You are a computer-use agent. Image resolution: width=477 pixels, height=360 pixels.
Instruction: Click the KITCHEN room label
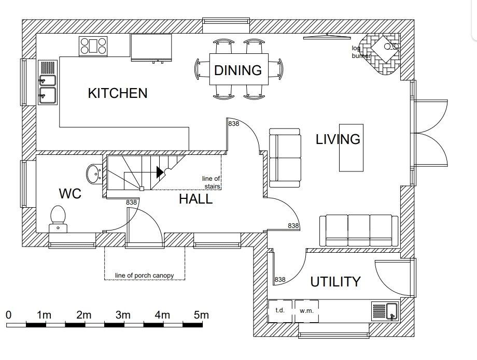[x=117, y=93]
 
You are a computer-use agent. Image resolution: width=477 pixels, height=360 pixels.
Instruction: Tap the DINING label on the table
[x=238, y=70]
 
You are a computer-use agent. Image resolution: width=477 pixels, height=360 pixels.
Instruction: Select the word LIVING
[x=338, y=139]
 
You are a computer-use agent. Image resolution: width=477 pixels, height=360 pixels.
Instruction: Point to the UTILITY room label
[x=335, y=282]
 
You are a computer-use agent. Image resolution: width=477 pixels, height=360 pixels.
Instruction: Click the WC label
[x=70, y=194]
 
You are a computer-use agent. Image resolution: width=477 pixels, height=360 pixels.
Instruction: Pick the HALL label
[x=195, y=199]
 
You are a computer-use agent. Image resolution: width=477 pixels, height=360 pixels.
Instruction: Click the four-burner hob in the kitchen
[x=93, y=46]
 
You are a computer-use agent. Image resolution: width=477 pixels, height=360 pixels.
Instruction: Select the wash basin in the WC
[x=94, y=174]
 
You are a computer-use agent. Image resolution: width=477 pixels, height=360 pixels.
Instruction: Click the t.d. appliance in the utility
[x=280, y=311]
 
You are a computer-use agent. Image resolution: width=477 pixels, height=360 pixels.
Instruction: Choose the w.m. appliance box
[x=306, y=311]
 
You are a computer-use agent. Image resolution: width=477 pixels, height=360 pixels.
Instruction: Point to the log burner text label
[x=361, y=52]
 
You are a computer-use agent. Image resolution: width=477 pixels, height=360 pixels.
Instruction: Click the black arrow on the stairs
[x=160, y=172]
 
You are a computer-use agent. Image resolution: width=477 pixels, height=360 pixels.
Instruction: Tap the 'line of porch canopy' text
[x=145, y=275]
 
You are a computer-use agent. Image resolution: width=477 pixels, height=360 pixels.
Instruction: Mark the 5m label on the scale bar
[x=201, y=315]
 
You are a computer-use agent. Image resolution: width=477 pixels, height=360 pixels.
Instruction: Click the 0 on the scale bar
[x=8, y=315]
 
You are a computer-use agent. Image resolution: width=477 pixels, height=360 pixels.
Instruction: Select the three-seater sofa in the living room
[x=359, y=231]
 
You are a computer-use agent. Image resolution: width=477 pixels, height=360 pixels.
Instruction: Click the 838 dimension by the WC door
[x=131, y=202]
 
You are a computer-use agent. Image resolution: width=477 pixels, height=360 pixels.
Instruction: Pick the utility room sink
[x=385, y=311]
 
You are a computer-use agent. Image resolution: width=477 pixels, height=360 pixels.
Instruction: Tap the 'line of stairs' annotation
[x=211, y=182]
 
